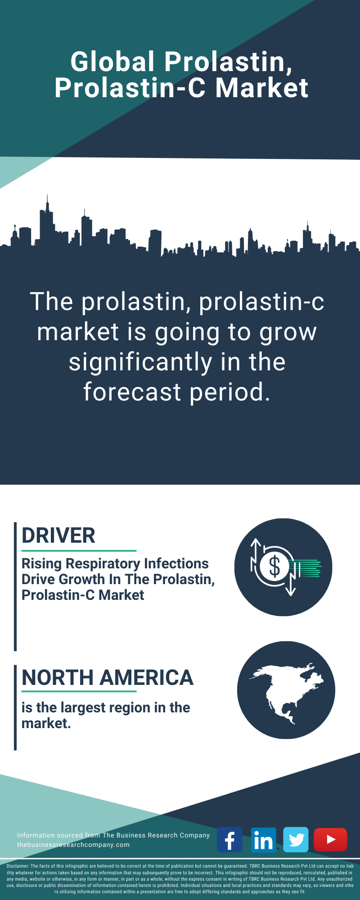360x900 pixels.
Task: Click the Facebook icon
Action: point(229,839)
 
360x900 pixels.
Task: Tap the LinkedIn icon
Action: point(263,839)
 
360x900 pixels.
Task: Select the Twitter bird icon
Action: point(296,839)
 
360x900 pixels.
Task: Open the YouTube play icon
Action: point(330,839)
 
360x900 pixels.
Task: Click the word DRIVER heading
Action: point(58,535)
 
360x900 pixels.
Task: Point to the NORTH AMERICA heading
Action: point(108,678)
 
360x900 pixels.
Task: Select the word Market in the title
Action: point(262,88)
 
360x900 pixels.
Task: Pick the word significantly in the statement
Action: point(140,363)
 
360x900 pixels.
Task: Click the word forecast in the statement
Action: point(132,392)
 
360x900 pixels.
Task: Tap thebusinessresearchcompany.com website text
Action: point(73,845)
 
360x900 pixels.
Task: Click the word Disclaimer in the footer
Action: point(18,866)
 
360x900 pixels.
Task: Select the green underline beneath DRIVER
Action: point(79,550)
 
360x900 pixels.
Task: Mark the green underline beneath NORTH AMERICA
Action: point(79,691)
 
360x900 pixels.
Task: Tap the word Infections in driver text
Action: point(177,563)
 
